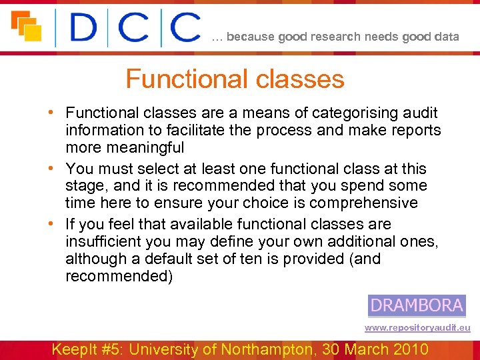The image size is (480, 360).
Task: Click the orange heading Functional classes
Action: click(235, 79)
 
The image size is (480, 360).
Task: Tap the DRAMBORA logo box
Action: click(417, 305)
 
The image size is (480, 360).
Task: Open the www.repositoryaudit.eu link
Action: click(417, 327)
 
